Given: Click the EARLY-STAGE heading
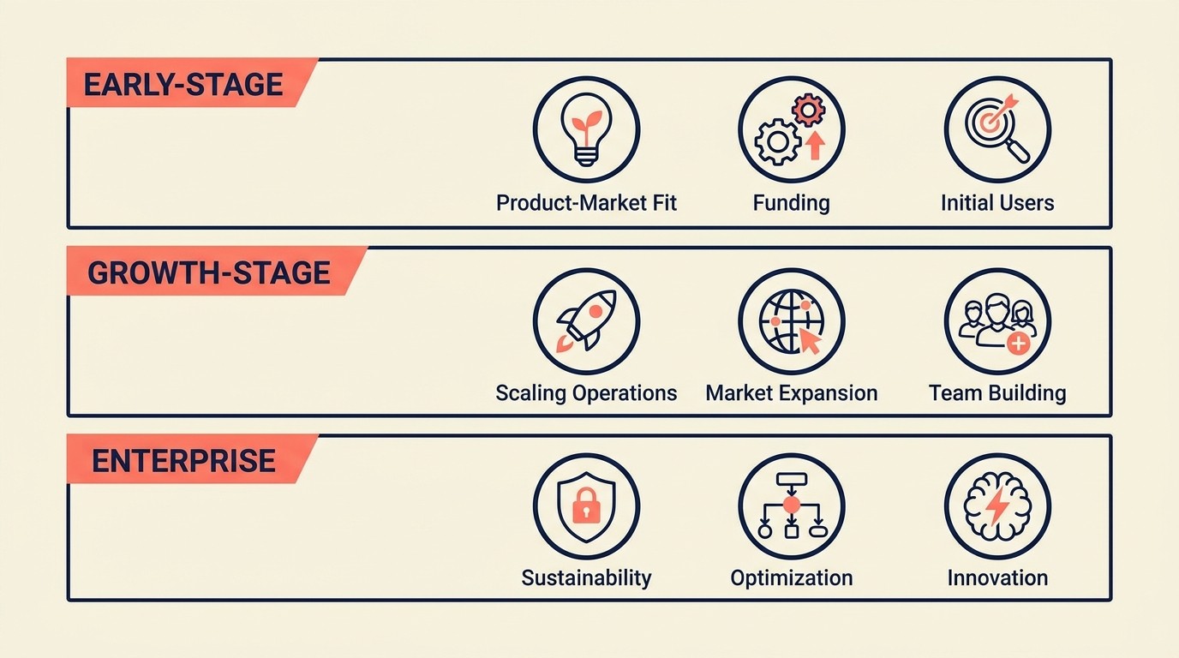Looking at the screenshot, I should (x=183, y=84).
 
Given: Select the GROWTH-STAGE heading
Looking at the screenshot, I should (x=208, y=272).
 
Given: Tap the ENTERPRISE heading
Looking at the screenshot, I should (x=183, y=461).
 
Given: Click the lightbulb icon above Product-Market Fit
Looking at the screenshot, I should (x=586, y=130).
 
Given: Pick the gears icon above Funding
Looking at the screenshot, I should (x=792, y=130).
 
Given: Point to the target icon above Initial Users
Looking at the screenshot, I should (x=997, y=130).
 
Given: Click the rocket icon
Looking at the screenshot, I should (x=586, y=320).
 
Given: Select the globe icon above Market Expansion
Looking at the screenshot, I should (x=792, y=320).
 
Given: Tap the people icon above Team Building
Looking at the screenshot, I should (x=997, y=320).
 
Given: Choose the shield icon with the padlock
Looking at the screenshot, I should (x=586, y=506).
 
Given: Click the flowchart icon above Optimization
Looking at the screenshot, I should (x=792, y=506).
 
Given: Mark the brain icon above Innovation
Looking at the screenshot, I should (x=997, y=506).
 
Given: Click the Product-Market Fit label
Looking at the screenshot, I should (x=586, y=203).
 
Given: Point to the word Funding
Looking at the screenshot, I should (x=791, y=203).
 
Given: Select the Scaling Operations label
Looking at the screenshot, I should (x=586, y=393).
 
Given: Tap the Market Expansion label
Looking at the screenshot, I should (x=791, y=393).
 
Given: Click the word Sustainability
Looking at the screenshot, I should (x=586, y=578).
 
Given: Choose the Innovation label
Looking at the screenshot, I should (x=997, y=578).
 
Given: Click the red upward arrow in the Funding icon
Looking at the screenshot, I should (x=815, y=146).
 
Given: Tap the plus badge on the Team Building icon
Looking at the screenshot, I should (x=1018, y=344).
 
